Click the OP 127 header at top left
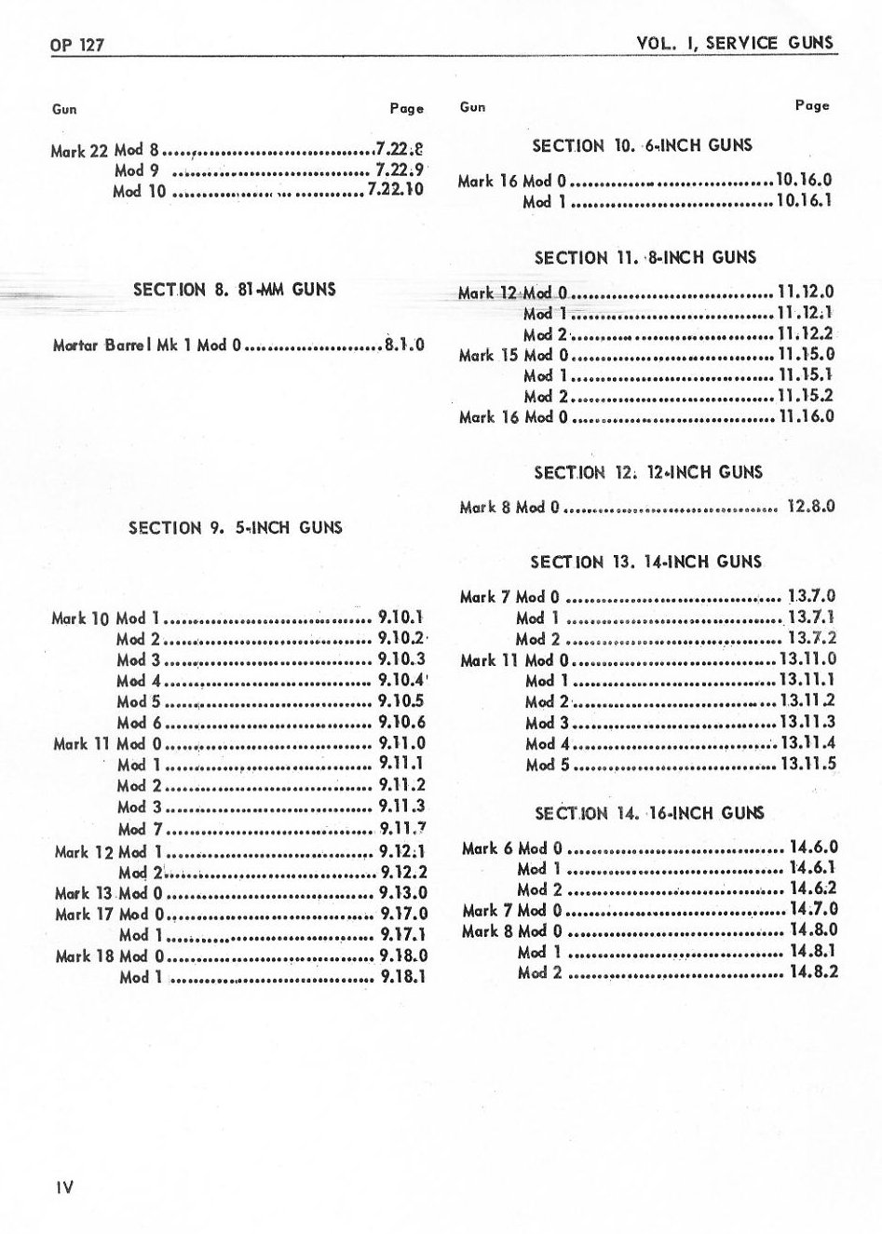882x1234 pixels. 77,45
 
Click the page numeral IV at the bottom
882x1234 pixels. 62,1187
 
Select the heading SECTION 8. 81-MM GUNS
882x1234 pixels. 235,290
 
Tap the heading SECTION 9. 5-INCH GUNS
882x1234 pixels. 236,528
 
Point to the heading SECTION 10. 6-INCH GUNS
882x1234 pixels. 642,145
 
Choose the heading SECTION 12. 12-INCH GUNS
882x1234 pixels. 647,472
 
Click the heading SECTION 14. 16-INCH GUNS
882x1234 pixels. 648,813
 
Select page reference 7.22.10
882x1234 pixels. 396,190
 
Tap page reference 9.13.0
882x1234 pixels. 403,893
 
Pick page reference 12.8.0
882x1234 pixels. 810,508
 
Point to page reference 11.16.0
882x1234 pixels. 806,416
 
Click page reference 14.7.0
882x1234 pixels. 813,909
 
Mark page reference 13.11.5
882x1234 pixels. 807,765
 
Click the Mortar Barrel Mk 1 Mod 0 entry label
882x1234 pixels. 147,346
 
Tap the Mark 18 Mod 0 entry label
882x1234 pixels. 110,956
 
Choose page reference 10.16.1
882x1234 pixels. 804,200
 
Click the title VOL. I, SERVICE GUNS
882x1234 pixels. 735,43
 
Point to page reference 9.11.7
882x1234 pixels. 403,828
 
